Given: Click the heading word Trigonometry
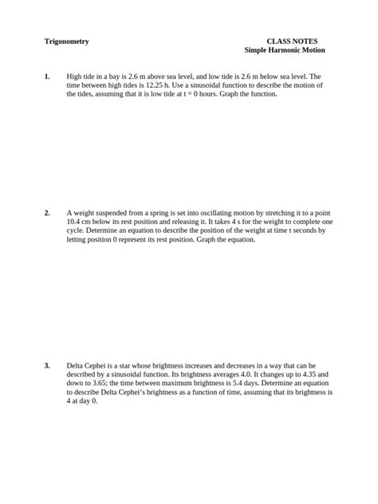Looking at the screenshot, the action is pyautogui.click(x=66, y=41).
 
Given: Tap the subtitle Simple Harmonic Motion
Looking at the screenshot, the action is pyautogui.click(x=285, y=50).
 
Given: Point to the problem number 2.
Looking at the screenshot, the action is pyautogui.click(x=47, y=213).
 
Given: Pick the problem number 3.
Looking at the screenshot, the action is pyautogui.click(x=47, y=366).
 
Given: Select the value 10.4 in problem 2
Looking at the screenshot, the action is pyautogui.click(x=76, y=222).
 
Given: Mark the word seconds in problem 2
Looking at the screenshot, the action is pyautogui.click(x=303, y=230).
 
